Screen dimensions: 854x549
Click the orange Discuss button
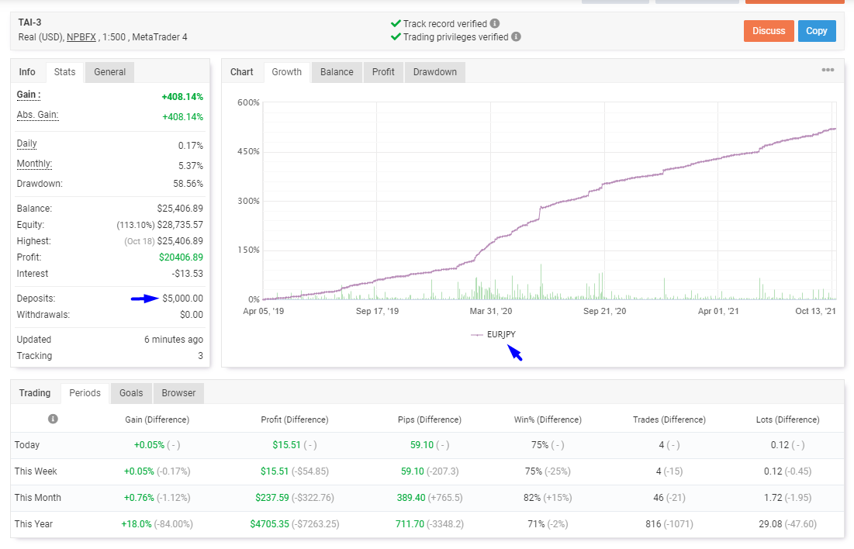pos(769,31)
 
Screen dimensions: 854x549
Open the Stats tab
pos(65,72)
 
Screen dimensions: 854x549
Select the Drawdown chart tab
pos(434,72)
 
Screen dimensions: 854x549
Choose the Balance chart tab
pos(337,72)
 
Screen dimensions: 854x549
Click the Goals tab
pos(131,393)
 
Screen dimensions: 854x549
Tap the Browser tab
pos(178,393)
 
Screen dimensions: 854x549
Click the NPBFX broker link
pos(81,37)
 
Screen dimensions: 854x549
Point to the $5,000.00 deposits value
pos(182,299)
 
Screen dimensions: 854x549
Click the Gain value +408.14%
pos(182,97)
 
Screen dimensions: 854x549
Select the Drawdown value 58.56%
pos(188,184)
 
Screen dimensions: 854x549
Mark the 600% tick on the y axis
pos(248,102)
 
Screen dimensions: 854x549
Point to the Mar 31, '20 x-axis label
pos(491,311)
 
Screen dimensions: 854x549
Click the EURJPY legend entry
pos(493,334)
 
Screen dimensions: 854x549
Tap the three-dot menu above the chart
pos(828,70)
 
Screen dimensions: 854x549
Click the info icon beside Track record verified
pos(495,23)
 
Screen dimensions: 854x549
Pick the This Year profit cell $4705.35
pos(270,524)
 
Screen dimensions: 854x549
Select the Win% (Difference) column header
pos(548,420)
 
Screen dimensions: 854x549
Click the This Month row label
pos(37,498)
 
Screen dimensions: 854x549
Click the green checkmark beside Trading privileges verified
pos(396,37)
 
